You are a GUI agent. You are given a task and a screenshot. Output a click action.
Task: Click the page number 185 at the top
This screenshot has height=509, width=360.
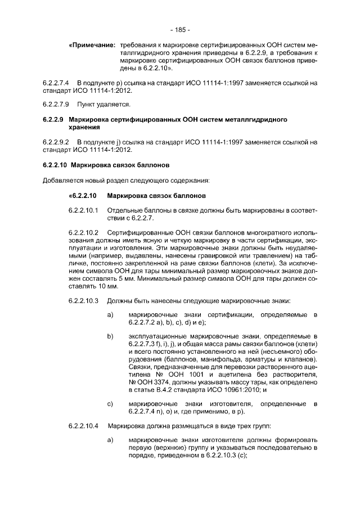[x=180, y=29]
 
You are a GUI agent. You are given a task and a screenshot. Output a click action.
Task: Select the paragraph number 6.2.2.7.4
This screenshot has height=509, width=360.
[x=56, y=83]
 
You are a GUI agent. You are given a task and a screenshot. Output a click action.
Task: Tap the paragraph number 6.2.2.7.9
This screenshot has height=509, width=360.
[x=56, y=105]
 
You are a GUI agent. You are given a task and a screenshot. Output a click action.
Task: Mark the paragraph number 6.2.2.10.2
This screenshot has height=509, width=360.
[x=83, y=233]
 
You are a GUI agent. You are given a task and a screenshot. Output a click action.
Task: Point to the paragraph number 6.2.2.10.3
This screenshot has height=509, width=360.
[x=83, y=299]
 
